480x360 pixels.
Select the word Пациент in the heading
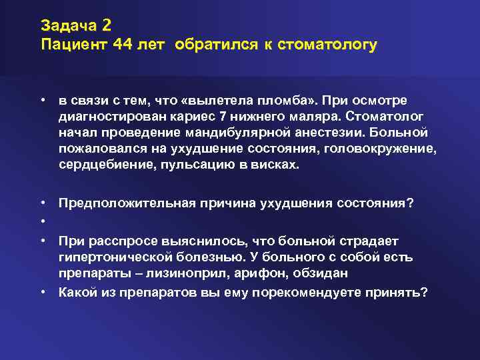click(69, 45)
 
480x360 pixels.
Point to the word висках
click(275, 165)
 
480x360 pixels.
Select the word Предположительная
click(117, 203)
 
